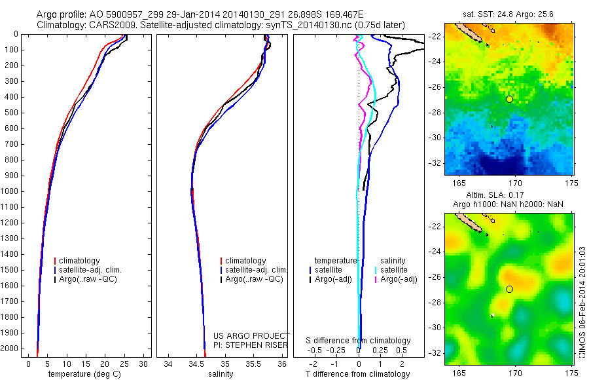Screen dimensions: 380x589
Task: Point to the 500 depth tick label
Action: [12, 113]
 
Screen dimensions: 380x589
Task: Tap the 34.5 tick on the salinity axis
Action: [196, 363]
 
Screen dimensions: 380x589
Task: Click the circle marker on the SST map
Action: [509, 99]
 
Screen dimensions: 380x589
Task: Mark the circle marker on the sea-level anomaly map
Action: [509, 289]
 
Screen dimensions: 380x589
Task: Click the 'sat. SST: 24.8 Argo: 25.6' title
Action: [509, 13]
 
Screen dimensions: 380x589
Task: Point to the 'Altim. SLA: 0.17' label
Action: [508, 196]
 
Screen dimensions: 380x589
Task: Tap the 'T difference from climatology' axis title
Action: [357, 374]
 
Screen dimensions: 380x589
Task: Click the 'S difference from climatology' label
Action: [359, 341]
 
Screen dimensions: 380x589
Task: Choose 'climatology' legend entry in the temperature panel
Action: [81, 261]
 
